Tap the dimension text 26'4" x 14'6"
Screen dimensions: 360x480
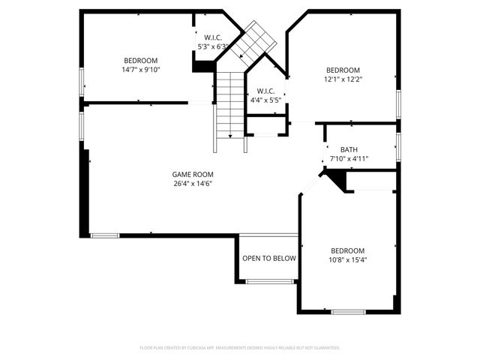[193, 184]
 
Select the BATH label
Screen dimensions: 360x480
[349, 149]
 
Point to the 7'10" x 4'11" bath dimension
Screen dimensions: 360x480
[349, 159]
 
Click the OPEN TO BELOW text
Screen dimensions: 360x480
[269, 259]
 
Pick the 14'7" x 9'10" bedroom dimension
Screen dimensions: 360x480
[141, 70]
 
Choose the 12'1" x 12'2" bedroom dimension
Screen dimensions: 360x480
[343, 79]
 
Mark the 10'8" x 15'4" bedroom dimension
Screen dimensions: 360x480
[348, 260]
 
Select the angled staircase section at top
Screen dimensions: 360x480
[253, 44]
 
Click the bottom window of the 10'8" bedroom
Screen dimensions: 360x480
[348, 312]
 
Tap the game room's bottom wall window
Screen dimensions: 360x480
[105, 235]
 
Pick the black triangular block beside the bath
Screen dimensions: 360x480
[337, 179]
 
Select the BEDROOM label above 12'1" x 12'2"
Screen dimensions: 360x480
[343, 70]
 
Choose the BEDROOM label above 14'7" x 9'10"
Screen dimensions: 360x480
[141, 61]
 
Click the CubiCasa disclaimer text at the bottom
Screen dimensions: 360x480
[240, 348]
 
